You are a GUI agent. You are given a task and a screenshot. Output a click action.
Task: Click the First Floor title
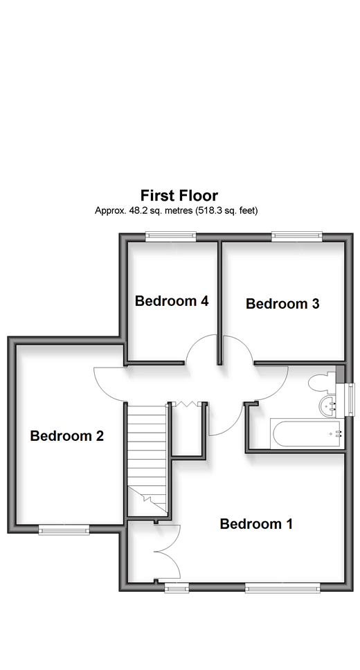tap(179, 195)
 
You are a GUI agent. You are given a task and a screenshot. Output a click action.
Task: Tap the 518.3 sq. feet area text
tap(227, 210)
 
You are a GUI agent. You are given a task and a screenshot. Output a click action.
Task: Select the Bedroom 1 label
tap(256, 523)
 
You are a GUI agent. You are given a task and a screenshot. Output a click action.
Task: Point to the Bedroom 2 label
tap(67, 436)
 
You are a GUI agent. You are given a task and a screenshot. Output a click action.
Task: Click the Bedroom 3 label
tap(282, 303)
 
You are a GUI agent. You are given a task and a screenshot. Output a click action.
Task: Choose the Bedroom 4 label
tap(172, 301)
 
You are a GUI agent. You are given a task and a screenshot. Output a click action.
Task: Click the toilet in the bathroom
tap(322, 382)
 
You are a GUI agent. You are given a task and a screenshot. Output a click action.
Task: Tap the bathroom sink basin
tap(328, 406)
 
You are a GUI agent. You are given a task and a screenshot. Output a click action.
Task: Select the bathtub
tap(307, 434)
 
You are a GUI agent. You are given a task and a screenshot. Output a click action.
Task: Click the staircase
tap(147, 460)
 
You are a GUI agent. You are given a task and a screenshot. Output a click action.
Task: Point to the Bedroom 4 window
tap(170, 237)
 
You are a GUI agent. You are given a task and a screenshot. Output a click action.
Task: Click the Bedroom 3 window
tap(297, 237)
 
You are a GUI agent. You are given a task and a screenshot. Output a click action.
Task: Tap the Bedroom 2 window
tap(64, 530)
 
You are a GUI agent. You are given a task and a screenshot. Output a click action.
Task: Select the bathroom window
tap(350, 399)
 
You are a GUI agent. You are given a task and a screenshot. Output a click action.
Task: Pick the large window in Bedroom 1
tap(282, 588)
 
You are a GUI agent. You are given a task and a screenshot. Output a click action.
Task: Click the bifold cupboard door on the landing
tap(186, 404)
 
